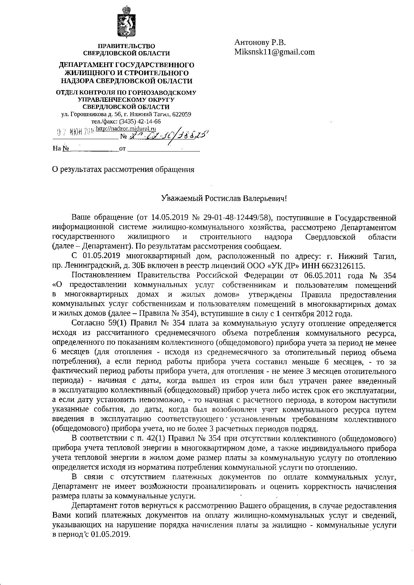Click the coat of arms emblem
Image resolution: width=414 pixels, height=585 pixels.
pyautogui.click(x=127, y=21)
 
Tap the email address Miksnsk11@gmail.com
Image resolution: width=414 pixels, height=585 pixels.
pyautogui.click(x=274, y=52)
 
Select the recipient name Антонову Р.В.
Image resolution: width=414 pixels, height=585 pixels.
pyautogui.click(x=260, y=42)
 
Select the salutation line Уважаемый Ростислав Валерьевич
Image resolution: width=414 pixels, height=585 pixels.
pyautogui.click(x=224, y=198)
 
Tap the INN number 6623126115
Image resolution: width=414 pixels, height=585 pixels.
pyautogui.click(x=340, y=266)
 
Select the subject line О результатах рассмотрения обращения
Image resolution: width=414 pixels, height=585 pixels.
pyautogui.click(x=123, y=169)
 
